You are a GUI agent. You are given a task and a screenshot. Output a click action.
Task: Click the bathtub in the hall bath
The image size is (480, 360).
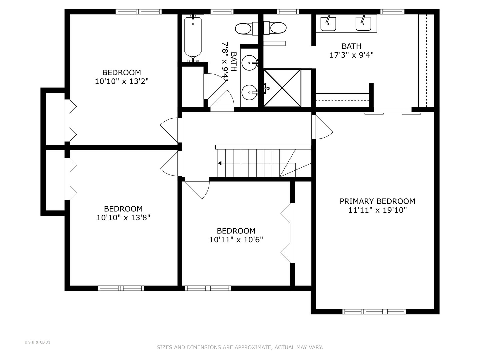coord(193,37)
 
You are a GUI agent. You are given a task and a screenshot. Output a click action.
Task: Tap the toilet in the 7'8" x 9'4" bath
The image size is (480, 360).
coord(243,28)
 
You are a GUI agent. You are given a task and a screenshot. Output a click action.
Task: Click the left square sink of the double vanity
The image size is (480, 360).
coord(328,23)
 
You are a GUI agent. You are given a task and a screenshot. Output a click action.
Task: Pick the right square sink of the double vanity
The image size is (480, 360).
coord(363,23)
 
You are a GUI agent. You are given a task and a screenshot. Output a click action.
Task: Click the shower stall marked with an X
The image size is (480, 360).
coord(282,88)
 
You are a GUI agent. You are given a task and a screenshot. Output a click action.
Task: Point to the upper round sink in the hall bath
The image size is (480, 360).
coord(249,63)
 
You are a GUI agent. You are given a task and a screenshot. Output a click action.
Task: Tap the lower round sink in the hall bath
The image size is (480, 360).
coord(249,92)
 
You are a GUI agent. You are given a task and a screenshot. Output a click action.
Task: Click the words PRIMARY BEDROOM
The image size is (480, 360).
coord(377,201)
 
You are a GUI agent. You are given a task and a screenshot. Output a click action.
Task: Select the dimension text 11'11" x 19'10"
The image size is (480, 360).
coord(377,210)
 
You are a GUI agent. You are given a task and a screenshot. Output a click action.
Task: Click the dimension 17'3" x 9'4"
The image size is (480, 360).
coord(351,55)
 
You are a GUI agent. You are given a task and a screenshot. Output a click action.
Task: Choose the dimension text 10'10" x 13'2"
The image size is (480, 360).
coord(122,81)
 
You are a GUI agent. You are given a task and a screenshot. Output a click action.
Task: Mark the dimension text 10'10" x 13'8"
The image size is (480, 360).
coord(123,218)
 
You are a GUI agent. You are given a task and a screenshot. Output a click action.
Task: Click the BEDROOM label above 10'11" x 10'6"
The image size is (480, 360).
coord(236,231)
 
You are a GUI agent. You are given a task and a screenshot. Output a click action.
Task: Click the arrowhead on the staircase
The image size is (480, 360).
coord(220,163)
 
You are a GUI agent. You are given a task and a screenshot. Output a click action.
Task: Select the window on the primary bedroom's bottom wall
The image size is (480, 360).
coord(374,312)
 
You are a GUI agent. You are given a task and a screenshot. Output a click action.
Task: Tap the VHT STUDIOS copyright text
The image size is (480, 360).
coord(37,342)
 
